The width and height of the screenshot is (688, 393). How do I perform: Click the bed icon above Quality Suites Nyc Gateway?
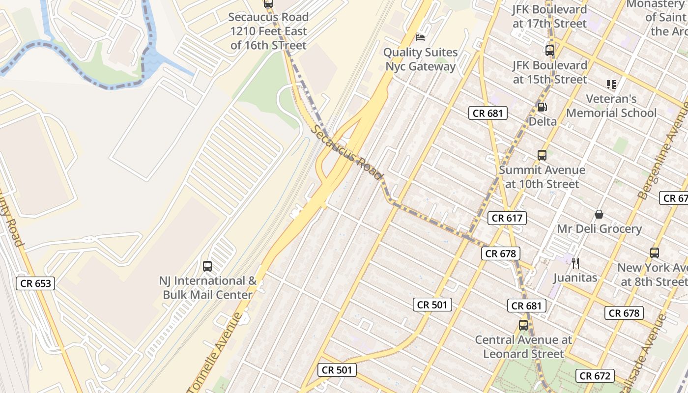(x=420, y=37)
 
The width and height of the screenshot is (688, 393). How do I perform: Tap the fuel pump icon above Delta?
(x=542, y=107)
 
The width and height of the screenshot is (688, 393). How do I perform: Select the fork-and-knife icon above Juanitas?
(x=575, y=263)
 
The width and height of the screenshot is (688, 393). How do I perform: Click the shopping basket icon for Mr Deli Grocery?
(x=599, y=214)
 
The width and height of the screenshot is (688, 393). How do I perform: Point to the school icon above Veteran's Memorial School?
(x=611, y=84)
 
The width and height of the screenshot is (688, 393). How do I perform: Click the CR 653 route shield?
(x=36, y=283)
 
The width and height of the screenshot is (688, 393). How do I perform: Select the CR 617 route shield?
(x=507, y=218)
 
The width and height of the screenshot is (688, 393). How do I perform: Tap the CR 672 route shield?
(x=595, y=376)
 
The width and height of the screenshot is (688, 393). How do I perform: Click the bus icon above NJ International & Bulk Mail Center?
(x=207, y=266)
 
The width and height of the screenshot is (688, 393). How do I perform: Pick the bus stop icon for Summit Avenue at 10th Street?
(x=542, y=155)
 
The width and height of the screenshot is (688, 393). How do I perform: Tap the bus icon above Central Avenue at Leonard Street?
(x=523, y=325)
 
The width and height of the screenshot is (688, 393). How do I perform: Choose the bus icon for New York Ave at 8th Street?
(x=655, y=253)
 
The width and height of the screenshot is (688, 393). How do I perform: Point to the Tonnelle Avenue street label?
(x=216, y=352)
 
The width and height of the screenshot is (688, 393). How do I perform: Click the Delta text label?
(x=543, y=121)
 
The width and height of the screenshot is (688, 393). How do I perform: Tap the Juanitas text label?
(x=575, y=278)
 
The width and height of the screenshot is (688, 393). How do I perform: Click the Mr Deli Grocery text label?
(x=599, y=229)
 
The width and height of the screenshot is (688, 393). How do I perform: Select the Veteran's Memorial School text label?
(x=611, y=106)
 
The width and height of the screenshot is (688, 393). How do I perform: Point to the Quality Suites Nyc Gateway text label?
(x=420, y=59)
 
